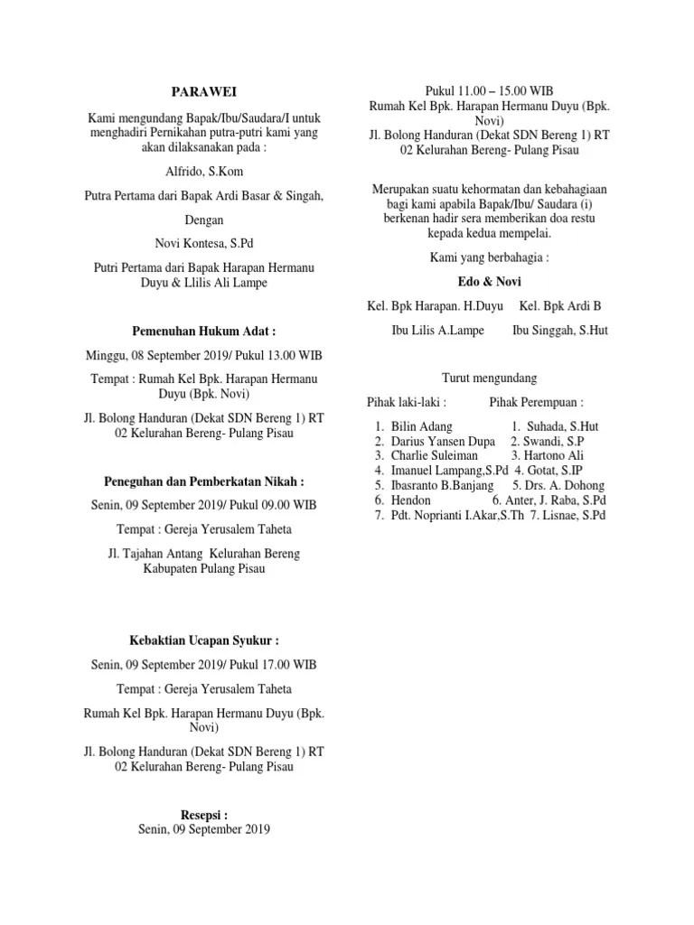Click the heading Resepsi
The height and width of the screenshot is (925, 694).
pos(203,812)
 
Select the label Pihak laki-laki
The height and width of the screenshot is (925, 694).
pos(407,401)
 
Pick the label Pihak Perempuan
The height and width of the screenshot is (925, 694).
pos(537,401)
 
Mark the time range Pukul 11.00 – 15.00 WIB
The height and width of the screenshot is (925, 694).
pos(489,90)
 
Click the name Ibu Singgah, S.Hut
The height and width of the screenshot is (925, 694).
pos(560,331)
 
